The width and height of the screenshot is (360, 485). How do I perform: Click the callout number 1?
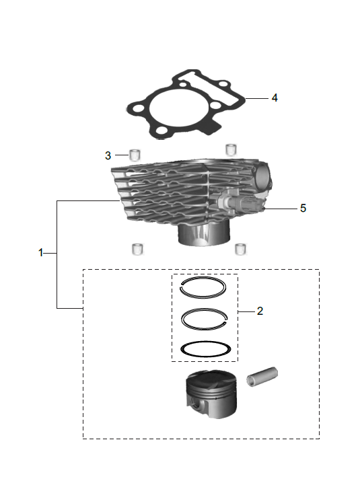click(40, 253)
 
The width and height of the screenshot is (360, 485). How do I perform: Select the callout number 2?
click(260, 311)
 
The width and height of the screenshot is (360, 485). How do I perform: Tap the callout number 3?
click(108, 155)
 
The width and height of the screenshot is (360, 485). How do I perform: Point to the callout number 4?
click(275, 98)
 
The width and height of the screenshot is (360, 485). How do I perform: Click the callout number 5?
click(303, 209)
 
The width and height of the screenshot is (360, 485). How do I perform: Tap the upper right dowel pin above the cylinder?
click(231, 149)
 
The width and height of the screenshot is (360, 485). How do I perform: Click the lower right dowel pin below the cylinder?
click(239, 249)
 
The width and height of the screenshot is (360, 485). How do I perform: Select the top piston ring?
click(209, 285)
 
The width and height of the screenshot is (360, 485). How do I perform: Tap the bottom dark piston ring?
click(206, 349)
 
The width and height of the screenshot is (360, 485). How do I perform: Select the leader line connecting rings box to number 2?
click(246, 311)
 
